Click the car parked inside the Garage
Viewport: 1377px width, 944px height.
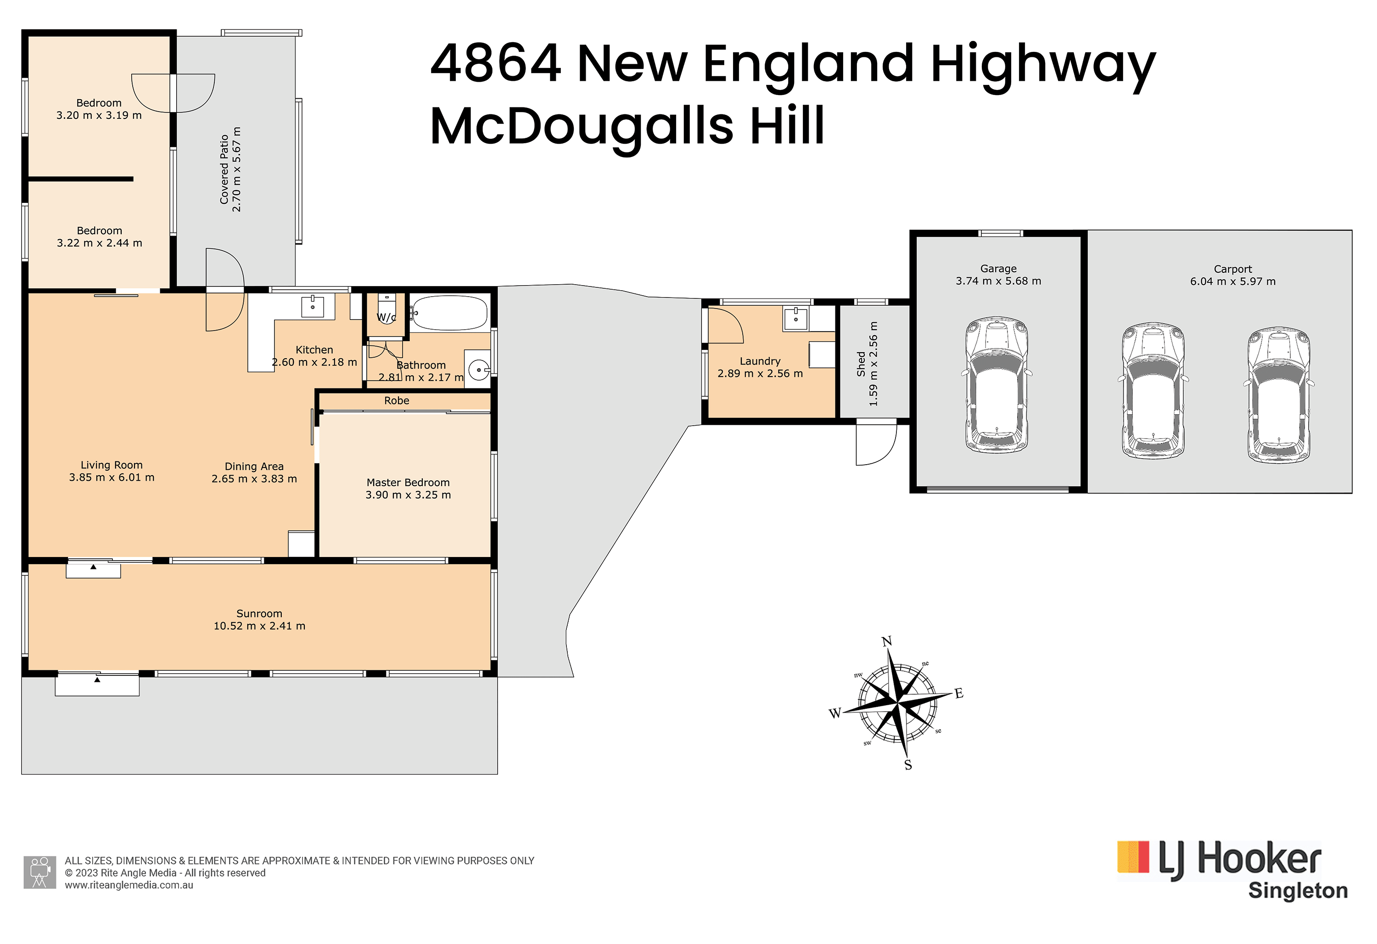(x=996, y=386)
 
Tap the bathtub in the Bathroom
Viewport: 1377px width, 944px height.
(x=450, y=313)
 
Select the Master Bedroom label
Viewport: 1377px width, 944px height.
(x=408, y=483)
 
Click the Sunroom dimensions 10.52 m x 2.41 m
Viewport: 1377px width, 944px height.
(x=259, y=626)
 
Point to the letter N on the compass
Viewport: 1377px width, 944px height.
(x=886, y=642)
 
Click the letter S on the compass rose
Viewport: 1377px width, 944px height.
(x=908, y=765)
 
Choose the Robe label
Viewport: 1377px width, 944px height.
(x=397, y=400)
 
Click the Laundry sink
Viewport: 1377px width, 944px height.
(x=796, y=319)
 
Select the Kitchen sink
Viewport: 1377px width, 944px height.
(x=312, y=306)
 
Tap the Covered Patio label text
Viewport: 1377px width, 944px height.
(x=224, y=169)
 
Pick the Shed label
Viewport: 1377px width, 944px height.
(x=861, y=364)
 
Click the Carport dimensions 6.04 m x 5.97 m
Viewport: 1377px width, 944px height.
(x=1232, y=281)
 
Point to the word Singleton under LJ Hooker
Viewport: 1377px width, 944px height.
(x=1298, y=891)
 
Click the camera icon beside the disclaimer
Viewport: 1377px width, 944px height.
(x=39, y=872)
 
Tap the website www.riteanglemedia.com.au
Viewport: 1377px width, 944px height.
(x=129, y=885)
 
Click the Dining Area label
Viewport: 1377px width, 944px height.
(x=254, y=466)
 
